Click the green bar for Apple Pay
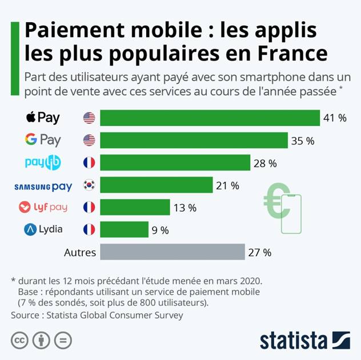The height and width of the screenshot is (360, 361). (210, 118)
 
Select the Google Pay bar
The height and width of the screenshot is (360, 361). (194, 140)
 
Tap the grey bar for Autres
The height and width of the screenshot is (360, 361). (172, 252)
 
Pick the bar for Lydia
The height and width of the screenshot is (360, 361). (124, 230)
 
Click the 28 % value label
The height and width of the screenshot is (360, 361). (265, 163)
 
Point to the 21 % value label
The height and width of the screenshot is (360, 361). (227, 185)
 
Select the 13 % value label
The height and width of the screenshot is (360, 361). (184, 208)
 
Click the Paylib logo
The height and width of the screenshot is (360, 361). (43, 163)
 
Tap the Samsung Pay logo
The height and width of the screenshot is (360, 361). (43, 186)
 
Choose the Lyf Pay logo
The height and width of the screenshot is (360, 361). (43, 208)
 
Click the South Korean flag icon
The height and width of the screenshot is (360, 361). (89, 185)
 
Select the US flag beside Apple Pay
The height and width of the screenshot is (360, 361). (89, 118)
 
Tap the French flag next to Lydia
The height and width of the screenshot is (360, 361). (89, 230)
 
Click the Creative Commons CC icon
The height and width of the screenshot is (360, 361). (19, 340)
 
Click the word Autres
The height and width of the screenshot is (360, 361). (79, 252)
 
